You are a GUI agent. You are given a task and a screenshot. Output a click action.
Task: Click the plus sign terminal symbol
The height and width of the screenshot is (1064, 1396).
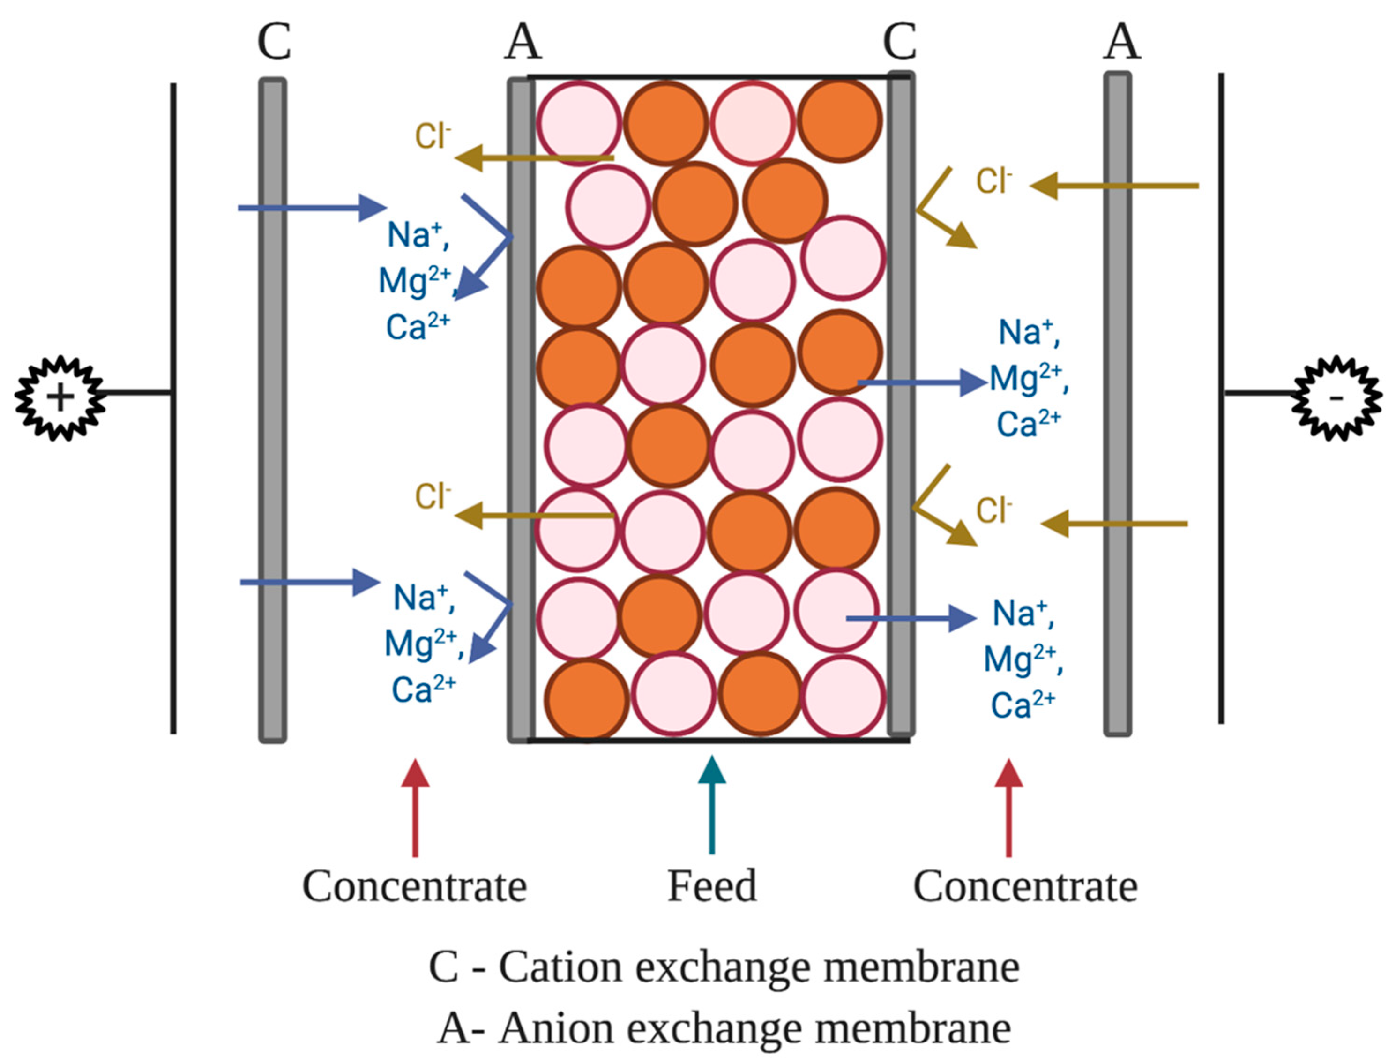point(60,398)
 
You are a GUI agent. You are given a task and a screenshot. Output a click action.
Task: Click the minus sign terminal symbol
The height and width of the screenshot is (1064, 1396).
point(1336,398)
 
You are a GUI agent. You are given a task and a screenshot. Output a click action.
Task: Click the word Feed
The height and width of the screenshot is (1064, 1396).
point(712,887)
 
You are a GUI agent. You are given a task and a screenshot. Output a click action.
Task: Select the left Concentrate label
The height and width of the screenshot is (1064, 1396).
point(415,887)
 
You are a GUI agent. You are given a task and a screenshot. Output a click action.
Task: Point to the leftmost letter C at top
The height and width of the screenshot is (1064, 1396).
point(274,43)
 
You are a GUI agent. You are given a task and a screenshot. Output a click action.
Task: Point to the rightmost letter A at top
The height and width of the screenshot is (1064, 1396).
point(1122,43)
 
